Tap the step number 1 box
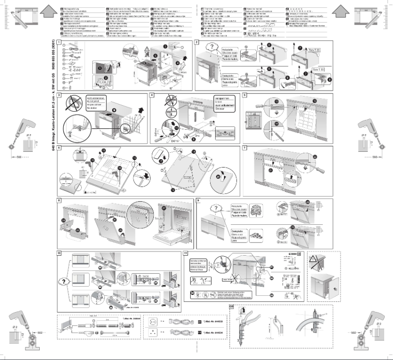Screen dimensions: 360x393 click(x=59, y=43)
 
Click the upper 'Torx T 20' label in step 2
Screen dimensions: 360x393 click(x=314, y=50)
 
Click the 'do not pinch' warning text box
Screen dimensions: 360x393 click(x=96, y=103)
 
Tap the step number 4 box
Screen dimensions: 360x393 click(x=152, y=95)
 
